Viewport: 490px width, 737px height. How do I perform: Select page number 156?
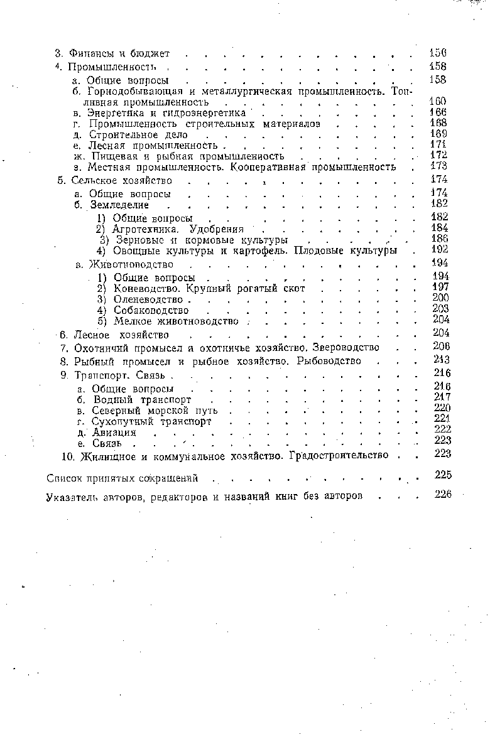[437, 53]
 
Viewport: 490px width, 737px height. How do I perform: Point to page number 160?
[437, 101]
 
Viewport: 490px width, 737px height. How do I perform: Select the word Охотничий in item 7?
[101, 348]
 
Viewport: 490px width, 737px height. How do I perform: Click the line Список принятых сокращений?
[123, 479]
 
